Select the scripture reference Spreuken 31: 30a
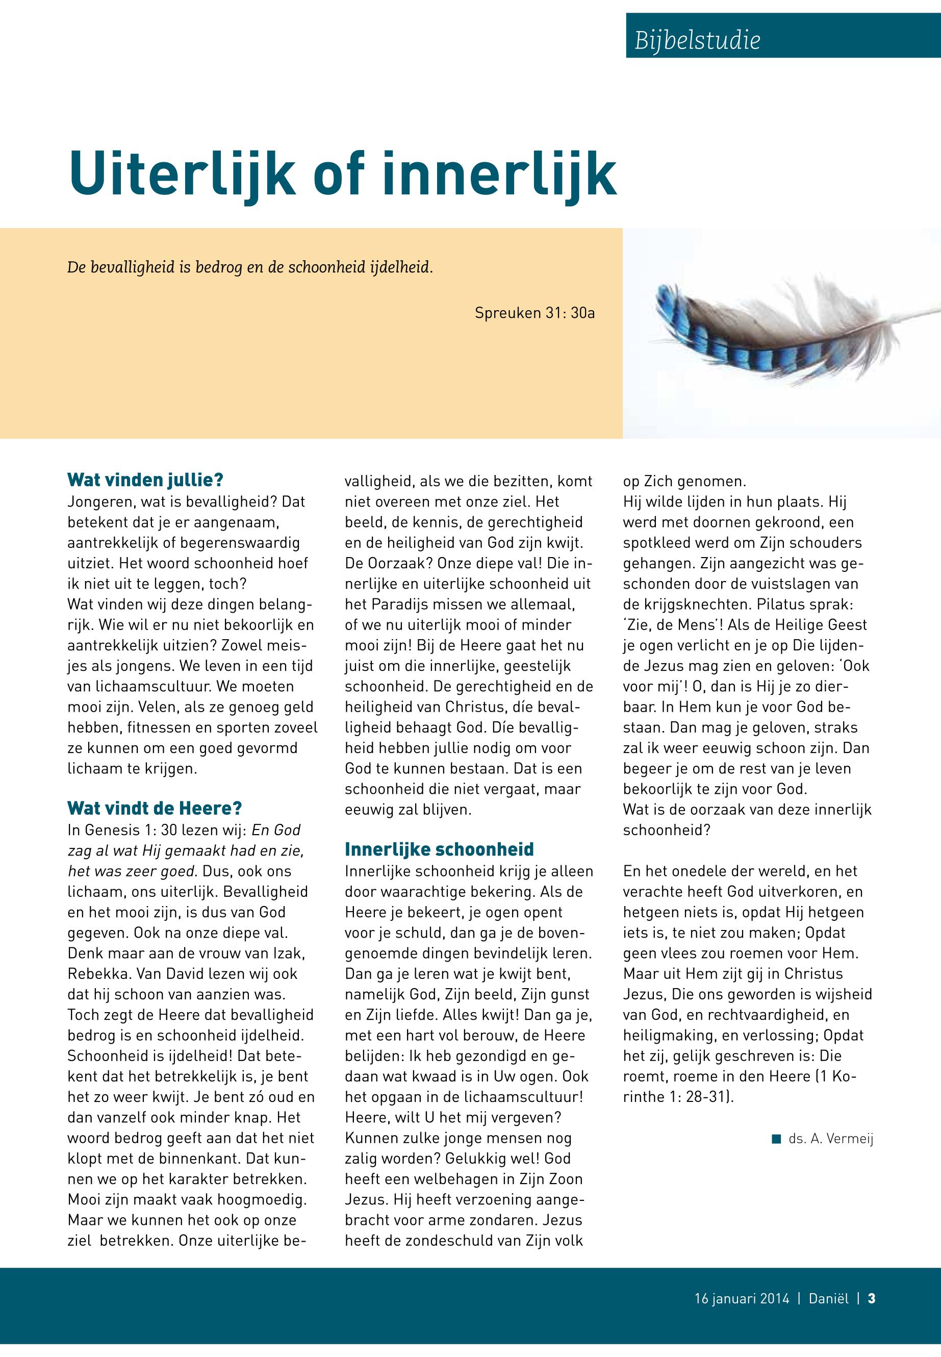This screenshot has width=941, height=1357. (534, 313)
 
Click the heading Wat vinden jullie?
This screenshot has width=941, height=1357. (145, 480)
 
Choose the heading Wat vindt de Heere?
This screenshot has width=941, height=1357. (155, 808)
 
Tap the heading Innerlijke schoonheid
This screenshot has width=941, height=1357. (439, 849)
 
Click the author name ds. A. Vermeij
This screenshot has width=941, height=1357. (831, 1139)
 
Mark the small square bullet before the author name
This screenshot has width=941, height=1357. (776, 1138)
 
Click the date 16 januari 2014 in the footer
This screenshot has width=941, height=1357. (741, 1298)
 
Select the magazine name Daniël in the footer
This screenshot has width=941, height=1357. (828, 1298)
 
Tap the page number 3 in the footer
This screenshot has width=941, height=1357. (872, 1298)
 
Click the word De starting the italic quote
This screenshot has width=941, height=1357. (77, 267)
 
